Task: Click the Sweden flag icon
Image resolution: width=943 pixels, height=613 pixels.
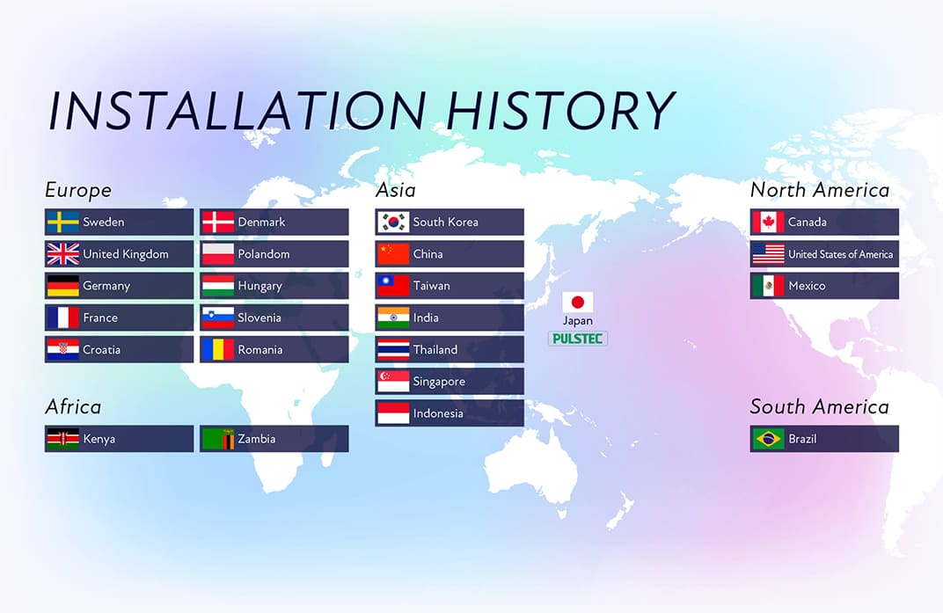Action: pyautogui.click(x=62, y=222)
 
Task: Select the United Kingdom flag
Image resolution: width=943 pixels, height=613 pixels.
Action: pyautogui.click(x=62, y=254)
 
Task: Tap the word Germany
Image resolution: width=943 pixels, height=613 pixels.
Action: pyautogui.click(x=106, y=286)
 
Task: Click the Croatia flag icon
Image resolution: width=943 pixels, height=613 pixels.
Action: pyautogui.click(x=62, y=349)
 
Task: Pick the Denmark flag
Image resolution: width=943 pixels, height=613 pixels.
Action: pyautogui.click(x=217, y=222)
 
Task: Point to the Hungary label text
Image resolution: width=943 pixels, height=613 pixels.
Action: pyautogui.click(x=260, y=286)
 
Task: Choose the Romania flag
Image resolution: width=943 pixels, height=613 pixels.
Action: pyautogui.click(x=217, y=349)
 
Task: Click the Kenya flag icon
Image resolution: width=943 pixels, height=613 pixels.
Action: pyautogui.click(x=62, y=439)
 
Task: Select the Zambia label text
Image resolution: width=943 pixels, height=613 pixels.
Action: pyautogui.click(x=256, y=439)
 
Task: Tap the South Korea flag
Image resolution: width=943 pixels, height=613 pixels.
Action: pyautogui.click(x=393, y=222)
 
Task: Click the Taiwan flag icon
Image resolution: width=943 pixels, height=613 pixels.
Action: pyautogui.click(x=393, y=286)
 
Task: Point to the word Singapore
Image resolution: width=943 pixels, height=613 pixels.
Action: pyautogui.click(x=439, y=382)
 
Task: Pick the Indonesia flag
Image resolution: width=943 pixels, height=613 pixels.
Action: pyautogui.click(x=393, y=413)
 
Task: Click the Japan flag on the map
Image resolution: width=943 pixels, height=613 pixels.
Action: pyautogui.click(x=578, y=302)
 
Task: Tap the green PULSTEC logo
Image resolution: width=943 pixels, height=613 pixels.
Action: pyautogui.click(x=578, y=339)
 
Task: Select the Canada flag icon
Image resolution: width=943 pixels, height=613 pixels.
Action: pyautogui.click(x=768, y=222)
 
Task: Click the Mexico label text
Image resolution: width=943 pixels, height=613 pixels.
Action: pyautogui.click(x=807, y=286)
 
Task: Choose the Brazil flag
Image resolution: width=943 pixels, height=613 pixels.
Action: pyautogui.click(x=768, y=439)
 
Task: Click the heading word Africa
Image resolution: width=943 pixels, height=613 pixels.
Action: pyautogui.click(x=73, y=406)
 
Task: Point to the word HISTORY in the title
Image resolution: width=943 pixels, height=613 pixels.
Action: pyautogui.click(x=560, y=112)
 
